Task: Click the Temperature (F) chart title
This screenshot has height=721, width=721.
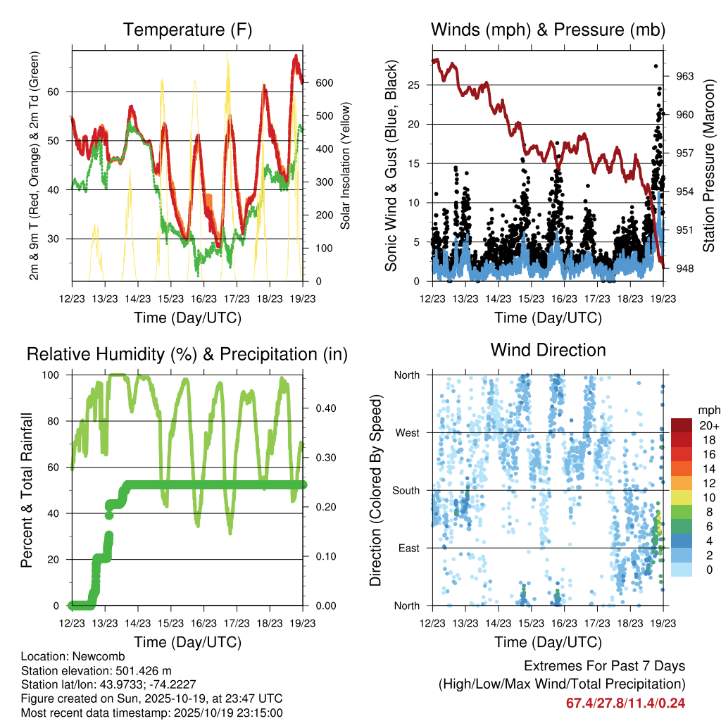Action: [x=187, y=30]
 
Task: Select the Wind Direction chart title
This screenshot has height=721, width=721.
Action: [x=548, y=350]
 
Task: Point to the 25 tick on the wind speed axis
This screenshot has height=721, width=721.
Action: [x=413, y=85]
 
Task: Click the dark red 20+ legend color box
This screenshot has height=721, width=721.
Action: [x=682, y=425]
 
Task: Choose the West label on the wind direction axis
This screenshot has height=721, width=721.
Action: [x=406, y=432]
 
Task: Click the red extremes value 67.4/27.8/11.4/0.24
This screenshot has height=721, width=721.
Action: [x=625, y=703]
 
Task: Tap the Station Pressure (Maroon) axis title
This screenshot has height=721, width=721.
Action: [x=709, y=165]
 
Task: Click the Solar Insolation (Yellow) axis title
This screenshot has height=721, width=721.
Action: [x=346, y=165]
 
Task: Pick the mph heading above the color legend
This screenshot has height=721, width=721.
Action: [x=708, y=410]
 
